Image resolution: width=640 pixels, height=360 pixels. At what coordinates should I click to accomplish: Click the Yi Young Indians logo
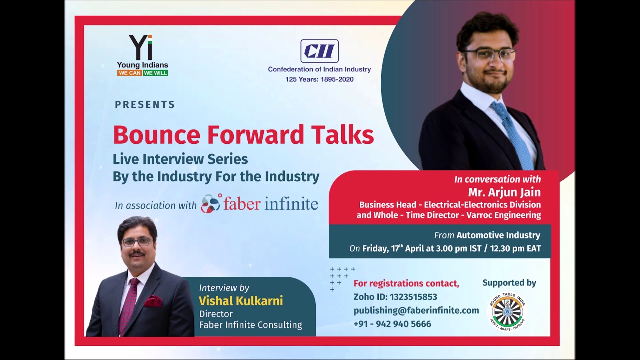point(142,55)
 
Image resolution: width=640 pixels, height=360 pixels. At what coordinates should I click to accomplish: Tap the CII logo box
point(319,51)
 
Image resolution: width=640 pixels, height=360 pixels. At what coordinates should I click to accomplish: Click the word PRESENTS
point(145,105)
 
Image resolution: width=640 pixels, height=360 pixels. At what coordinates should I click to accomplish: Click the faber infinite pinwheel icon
point(210,203)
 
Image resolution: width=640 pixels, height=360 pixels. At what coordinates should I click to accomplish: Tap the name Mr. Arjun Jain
point(504,192)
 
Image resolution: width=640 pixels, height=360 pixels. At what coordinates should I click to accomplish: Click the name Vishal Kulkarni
point(241,301)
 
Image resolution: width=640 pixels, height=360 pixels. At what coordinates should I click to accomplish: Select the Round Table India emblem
point(507,311)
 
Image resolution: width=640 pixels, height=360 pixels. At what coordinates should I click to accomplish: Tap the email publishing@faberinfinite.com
point(416,310)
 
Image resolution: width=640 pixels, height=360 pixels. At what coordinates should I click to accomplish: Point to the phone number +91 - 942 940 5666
point(392,324)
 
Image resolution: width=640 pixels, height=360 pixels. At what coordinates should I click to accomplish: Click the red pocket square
point(153,301)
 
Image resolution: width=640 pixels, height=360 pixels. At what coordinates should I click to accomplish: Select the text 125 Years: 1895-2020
point(319,79)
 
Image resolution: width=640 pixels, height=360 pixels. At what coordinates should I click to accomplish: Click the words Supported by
point(509,283)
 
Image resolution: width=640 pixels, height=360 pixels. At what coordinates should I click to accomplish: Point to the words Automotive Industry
point(498,235)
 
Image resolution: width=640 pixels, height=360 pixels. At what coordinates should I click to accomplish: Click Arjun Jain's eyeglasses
point(488,54)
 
